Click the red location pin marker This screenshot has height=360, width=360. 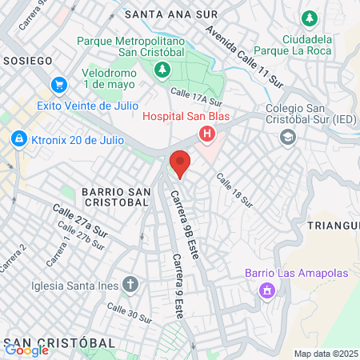(x=180, y=164)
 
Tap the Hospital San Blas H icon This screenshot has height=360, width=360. (x=207, y=134)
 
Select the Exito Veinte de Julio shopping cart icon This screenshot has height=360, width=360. (x=58, y=84)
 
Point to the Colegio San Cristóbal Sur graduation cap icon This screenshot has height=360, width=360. (x=286, y=137)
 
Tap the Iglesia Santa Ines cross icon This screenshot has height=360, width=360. (x=130, y=284)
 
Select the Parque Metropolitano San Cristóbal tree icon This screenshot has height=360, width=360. (x=162, y=70)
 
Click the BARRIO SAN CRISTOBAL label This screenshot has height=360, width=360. (x=116, y=197)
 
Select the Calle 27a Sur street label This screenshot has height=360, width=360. (x=80, y=219)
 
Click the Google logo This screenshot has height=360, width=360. (x=26, y=350)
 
